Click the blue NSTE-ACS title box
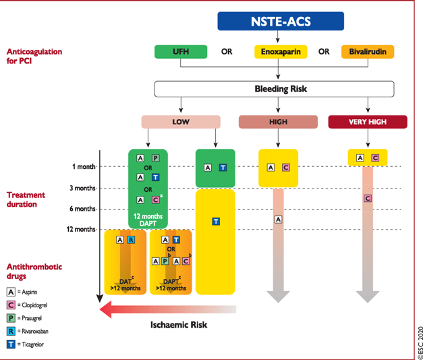tap(281, 21)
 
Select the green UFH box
tap(181, 51)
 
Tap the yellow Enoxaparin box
tap(281, 51)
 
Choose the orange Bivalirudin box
tap(368, 51)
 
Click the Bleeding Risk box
tap(274, 89)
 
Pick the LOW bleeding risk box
tap(181, 122)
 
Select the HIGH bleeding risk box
tap(278, 122)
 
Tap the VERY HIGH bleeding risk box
tap(368, 122)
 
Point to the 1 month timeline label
tap(84, 167)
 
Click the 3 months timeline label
tap(82, 188)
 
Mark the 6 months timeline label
tap(82, 209)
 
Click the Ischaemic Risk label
tap(179, 325)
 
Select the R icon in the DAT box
tap(131, 240)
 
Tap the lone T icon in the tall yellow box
tap(216, 222)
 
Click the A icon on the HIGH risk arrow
tap(278, 220)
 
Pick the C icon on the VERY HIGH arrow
tap(368, 199)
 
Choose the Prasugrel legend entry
tap(24, 318)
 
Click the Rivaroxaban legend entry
tap(27, 331)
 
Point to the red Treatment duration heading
tap(26, 199)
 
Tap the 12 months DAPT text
tap(148, 220)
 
